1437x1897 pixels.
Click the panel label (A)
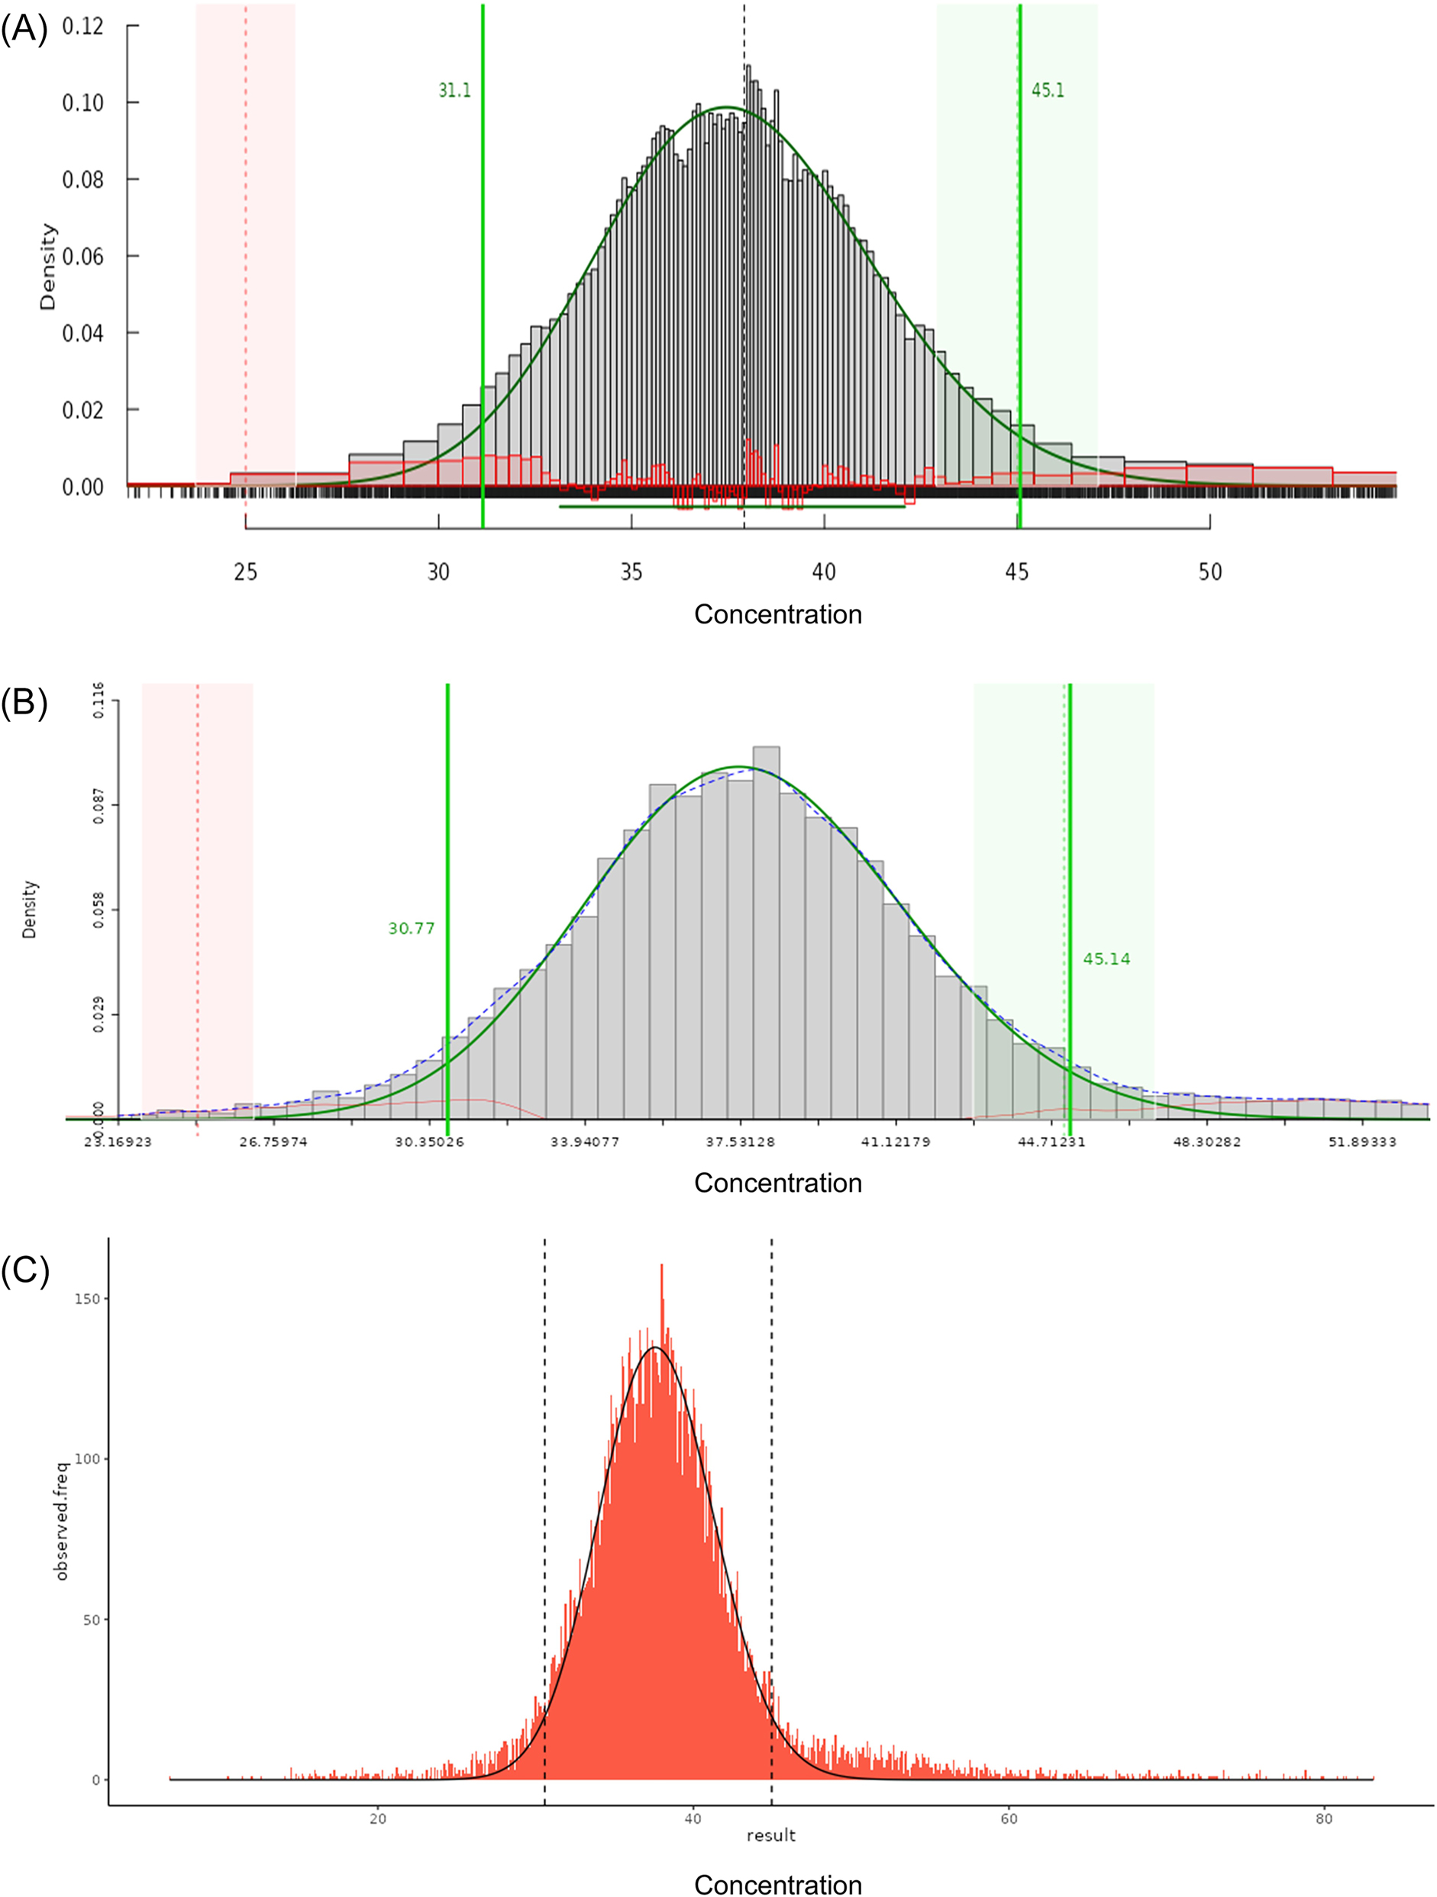coord(24,29)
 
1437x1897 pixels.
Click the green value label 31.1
coord(454,91)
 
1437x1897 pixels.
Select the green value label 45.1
coord(1048,91)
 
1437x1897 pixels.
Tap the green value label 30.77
coord(411,928)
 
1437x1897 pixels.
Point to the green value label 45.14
coord(1106,958)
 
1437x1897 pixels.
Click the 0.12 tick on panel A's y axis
coord(82,27)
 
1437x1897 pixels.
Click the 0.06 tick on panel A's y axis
coord(82,256)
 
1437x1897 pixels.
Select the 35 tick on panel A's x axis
coord(631,572)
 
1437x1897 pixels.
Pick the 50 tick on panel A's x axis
coord(1209,572)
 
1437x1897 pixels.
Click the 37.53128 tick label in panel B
coord(741,1142)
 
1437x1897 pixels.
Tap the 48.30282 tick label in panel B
coord(1207,1142)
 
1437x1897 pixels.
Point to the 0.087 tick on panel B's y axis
coord(98,806)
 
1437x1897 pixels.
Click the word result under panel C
coord(770,1835)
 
